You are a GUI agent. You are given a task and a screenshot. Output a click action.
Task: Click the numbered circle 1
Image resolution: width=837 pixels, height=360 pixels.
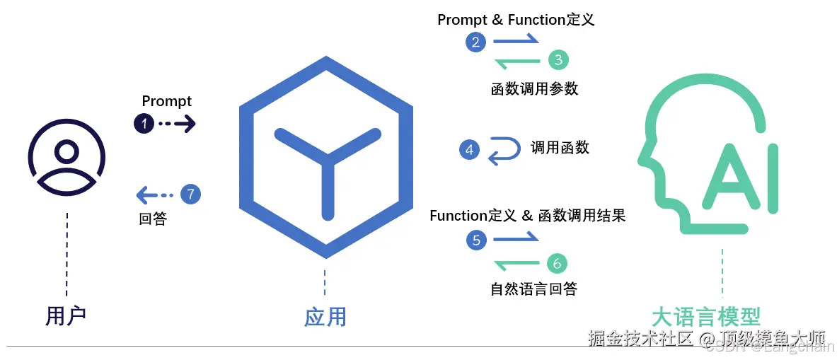(144, 124)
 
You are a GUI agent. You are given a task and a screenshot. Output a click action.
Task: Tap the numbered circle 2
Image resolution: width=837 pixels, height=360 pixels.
(475, 42)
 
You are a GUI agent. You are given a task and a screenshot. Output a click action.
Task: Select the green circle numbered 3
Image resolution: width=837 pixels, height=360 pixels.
(558, 60)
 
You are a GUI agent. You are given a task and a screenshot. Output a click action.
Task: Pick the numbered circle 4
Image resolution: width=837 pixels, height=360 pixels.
(468, 149)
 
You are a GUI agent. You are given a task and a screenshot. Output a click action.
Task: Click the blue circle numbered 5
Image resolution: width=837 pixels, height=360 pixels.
(476, 240)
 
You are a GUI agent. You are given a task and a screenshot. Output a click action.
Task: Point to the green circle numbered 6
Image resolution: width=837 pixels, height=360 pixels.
(557, 264)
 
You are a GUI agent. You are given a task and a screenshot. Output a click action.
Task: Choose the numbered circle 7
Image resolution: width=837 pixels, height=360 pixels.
(190, 194)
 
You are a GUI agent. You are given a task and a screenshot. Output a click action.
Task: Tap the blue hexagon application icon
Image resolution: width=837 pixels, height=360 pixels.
(325, 163)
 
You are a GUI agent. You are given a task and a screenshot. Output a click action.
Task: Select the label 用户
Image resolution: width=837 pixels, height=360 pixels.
(65, 315)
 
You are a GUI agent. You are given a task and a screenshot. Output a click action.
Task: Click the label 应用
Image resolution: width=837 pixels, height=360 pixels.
(325, 316)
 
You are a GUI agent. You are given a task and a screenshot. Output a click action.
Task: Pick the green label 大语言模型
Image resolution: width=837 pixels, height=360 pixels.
(705, 316)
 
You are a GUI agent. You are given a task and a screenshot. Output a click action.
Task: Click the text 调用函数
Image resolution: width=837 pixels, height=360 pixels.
(560, 147)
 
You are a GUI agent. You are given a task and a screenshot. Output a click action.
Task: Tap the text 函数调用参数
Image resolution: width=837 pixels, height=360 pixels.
(534, 88)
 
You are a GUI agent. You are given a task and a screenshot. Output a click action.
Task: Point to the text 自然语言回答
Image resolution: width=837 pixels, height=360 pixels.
(533, 289)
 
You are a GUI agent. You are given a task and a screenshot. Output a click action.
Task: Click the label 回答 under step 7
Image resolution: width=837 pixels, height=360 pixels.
(153, 219)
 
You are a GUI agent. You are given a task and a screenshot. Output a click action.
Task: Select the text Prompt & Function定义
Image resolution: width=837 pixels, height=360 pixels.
(516, 20)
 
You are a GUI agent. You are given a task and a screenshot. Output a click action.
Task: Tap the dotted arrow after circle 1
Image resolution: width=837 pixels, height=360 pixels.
(176, 124)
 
